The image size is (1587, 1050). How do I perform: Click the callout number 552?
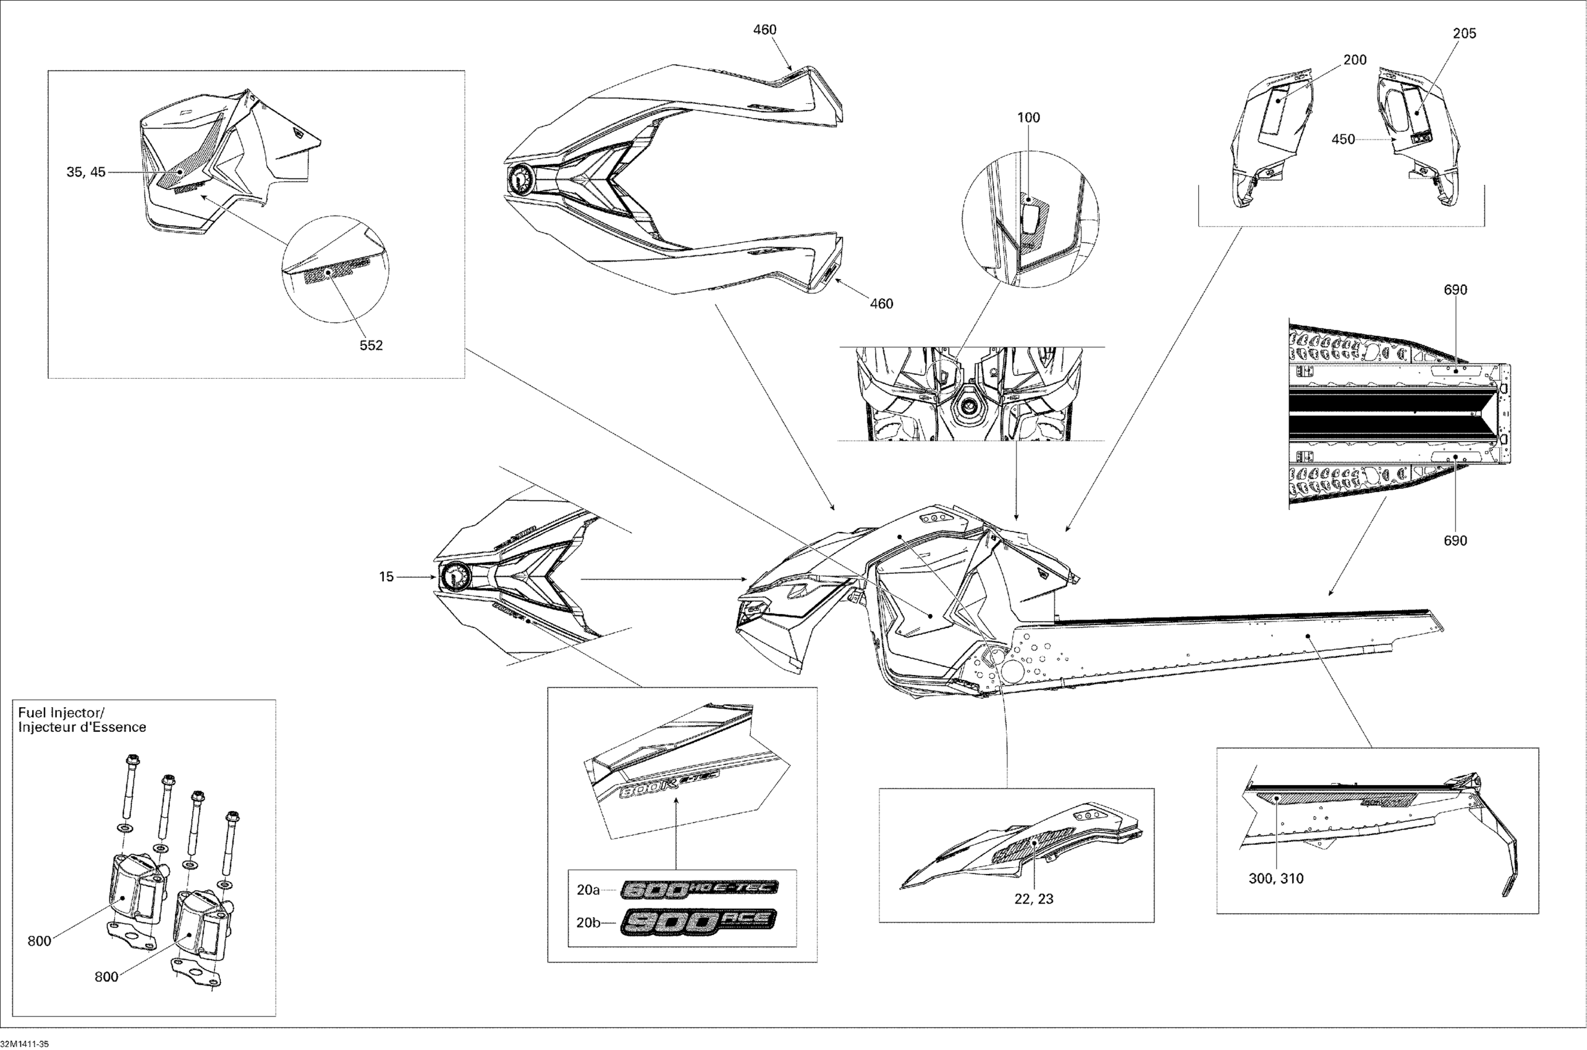[x=371, y=345]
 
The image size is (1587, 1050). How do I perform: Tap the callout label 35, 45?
[x=86, y=173]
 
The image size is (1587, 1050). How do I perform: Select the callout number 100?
[x=1028, y=118]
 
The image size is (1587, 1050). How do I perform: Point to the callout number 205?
[x=1464, y=33]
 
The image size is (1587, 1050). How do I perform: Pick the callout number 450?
[x=1343, y=140]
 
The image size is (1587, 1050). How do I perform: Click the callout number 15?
[x=386, y=576]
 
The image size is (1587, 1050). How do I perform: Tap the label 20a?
[x=588, y=890]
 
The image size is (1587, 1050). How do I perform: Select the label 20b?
[x=588, y=922]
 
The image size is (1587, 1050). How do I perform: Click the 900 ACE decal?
[x=699, y=922]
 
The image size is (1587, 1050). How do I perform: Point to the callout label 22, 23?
[x=1034, y=899]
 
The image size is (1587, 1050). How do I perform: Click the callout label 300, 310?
[x=1276, y=878]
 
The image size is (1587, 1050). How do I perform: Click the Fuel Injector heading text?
[x=61, y=713]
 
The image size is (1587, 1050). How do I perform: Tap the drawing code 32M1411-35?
[x=24, y=1044]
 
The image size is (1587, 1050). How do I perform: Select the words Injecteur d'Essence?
[x=82, y=727]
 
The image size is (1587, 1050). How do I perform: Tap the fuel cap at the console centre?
[x=970, y=404]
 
